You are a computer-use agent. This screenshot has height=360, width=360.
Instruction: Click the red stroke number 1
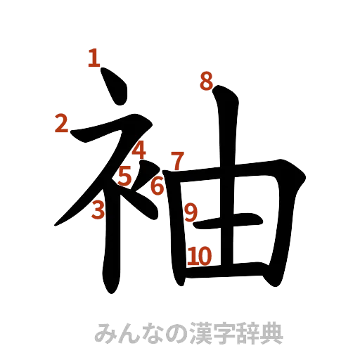(92, 57)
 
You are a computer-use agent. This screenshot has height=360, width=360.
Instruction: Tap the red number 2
(61, 124)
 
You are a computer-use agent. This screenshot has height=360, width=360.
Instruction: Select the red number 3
(99, 209)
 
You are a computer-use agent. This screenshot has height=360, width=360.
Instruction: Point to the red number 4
(139, 150)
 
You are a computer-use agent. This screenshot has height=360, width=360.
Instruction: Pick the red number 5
(124, 174)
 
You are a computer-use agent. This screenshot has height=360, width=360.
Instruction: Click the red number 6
(157, 186)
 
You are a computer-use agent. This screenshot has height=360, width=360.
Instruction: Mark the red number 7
(177, 160)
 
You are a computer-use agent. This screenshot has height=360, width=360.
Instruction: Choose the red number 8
(205, 82)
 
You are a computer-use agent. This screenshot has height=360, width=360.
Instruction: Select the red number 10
(200, 257)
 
